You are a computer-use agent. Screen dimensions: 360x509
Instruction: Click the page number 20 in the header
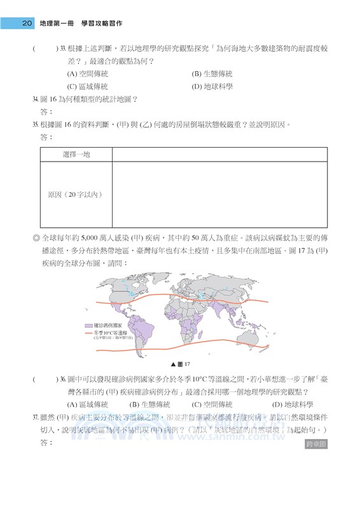pos(27,24)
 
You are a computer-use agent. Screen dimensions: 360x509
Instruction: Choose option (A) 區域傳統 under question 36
pos(87,404)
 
